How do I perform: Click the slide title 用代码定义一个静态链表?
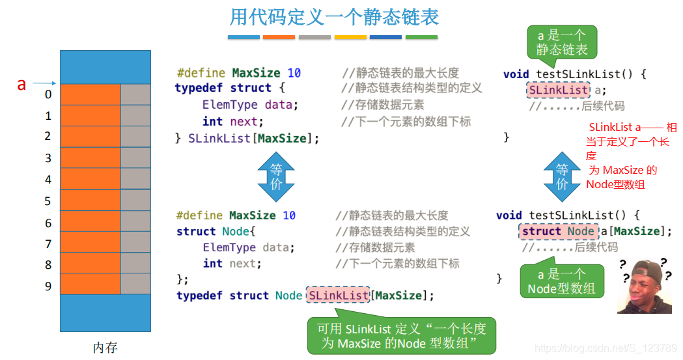tap(334, 17)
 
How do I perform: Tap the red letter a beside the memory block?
tap(21, 84)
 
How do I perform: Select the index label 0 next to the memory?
tap(48, 95)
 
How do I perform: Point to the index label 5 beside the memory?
tap(48, 201)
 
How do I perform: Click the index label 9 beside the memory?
tap(48, 286)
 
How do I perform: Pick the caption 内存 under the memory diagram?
tap(105, 348)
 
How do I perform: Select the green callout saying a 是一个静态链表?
tap(561, 42)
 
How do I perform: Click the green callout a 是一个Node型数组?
tap(561, 282)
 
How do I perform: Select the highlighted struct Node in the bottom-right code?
tap(558, 231)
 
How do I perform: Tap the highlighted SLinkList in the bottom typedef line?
tap(339, 296)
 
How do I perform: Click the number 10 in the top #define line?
tap(294, 73)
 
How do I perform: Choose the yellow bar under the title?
tap(350, 37)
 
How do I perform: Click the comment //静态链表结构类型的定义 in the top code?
tap(411, 88)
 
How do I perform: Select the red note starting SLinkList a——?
tap(629, 156)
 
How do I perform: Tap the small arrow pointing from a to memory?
tap(44, 83)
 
